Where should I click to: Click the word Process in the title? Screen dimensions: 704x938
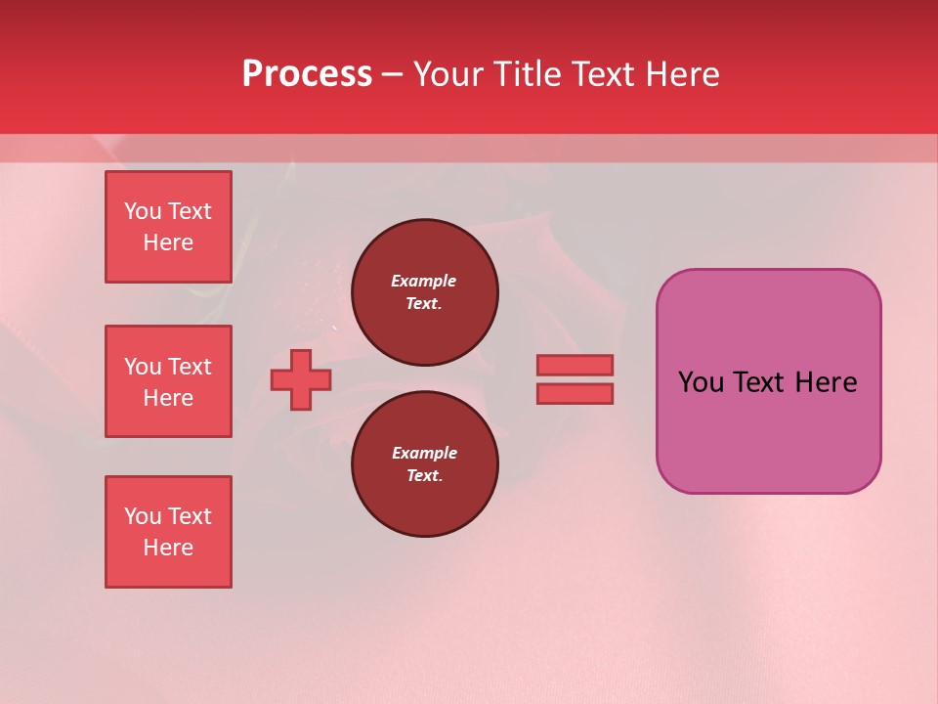[x=307, y=74]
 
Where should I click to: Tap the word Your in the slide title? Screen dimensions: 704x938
[x=449, y=74]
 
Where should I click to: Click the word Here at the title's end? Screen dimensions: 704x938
[x=681, y=74]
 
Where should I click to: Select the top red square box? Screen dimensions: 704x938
[x=168, y=227]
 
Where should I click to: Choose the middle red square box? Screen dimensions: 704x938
[x=168, y=381]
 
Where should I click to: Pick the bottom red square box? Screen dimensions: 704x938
[x=168, y=532]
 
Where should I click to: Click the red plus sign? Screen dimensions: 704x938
[x=301, y=379]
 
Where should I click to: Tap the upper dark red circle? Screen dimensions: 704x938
[x=424, y=292]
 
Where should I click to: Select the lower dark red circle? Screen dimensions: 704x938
[x=424, y=464]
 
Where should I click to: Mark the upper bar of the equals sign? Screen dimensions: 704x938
[x=575, y=365]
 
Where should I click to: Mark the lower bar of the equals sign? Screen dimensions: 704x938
[x=575, y=393]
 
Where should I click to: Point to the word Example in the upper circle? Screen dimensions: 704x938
[x=424, y=281]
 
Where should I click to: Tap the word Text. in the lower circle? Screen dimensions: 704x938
[x=424, y=475]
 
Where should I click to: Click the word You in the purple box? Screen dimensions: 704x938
[x=702, y=381]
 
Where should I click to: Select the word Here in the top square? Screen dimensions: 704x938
[x=168, y=242]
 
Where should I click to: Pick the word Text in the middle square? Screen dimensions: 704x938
[x=190, y=367]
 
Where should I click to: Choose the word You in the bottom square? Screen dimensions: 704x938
[x=143, y=516]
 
